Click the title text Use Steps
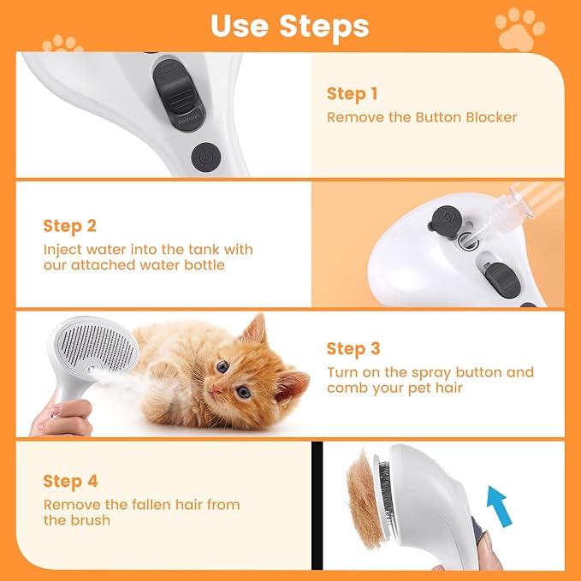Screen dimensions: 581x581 [x=289, y=26]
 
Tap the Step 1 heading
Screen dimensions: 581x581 [x=352, y=94]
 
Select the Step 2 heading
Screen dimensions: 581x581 [x=69, y=227]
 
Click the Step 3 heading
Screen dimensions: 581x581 [x=353, y=349]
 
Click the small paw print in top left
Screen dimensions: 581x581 [x=62, y=42]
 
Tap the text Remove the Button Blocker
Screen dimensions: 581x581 [x=422, y=117]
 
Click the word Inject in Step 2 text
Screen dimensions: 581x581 [x=62, y=250]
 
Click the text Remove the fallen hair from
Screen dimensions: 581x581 [x=141, y=505]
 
